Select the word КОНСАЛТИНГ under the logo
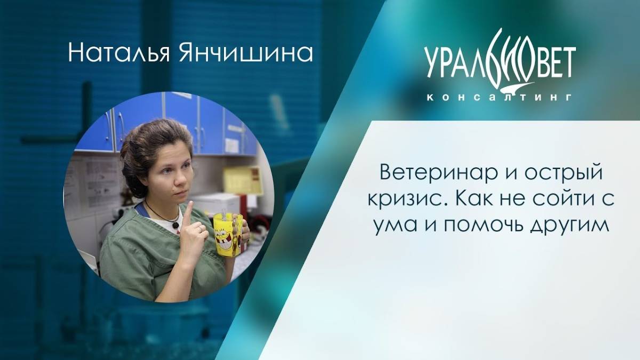pos(500,98)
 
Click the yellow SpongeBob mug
pos(228,234)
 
